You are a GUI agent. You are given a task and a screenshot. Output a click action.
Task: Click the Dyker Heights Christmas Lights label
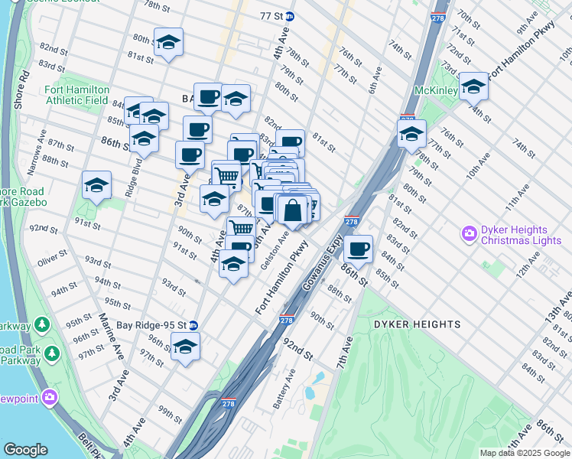pos(514,235)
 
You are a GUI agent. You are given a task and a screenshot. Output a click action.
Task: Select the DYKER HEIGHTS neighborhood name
pos(417,324)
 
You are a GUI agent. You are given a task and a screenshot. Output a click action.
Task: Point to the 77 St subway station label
pos(271,16)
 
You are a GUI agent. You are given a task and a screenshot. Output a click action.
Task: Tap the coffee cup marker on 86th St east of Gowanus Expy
pos(357,248)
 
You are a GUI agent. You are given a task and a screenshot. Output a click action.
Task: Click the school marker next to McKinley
pos(473,86)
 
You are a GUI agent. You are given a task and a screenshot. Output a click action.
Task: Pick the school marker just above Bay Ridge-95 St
pos(185,347)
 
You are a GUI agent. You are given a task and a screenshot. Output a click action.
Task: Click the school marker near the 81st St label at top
pos(168,43)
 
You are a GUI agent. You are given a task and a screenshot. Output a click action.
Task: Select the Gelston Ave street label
pos(274,250)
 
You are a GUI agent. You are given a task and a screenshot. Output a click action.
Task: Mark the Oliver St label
pos(51,262)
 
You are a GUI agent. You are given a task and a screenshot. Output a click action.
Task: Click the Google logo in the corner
pos(25,450)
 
